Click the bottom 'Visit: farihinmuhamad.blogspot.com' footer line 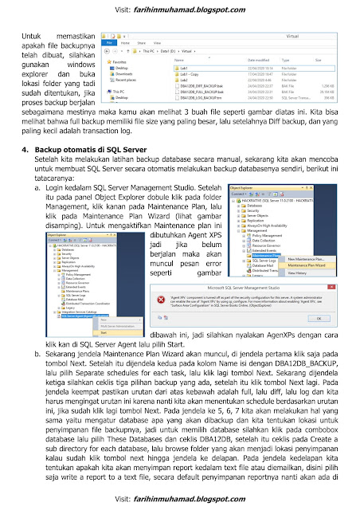pos(179,499)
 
